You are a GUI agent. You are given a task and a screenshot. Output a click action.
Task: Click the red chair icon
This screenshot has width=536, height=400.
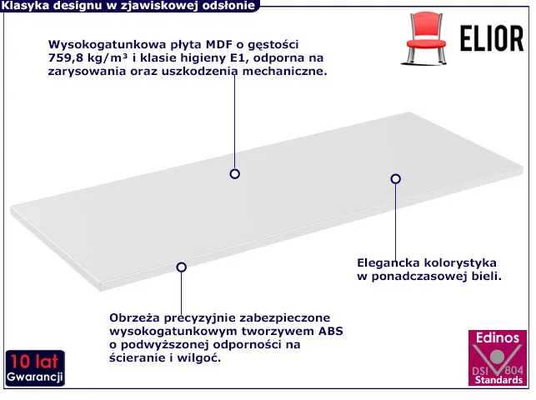pyautogui.click(x=426, y=38)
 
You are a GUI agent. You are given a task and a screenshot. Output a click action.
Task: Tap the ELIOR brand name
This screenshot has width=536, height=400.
pyautogui.click(x=492, y=38)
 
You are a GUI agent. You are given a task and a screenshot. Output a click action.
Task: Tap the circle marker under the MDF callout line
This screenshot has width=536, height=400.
pyautogui.click(x=234, y=174)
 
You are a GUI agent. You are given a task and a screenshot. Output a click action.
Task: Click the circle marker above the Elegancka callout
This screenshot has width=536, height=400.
pyautogui.click(x=395, y=178)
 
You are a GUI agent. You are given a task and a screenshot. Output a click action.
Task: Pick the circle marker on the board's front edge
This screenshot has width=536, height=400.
pyautogui.click(x=181, y=267)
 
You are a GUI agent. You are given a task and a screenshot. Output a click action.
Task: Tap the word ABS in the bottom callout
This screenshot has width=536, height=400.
pyautogui.click(x=331, y=331)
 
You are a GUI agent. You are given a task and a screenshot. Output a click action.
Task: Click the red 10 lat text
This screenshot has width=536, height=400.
pyautogui.click(x=34, y=362)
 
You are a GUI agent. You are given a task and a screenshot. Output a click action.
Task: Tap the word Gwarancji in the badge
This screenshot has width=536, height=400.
pyautogui.click(x=34, y=377)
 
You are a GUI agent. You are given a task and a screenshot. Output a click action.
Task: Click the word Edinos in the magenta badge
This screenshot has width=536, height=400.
pyautogui.click(x=498, y=337)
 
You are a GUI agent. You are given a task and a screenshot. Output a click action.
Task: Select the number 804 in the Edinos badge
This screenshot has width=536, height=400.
pyautogui.click(x=513, y=370)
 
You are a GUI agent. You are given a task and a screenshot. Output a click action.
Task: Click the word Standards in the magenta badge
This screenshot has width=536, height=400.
pyautogui.click(x=498, y=380)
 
